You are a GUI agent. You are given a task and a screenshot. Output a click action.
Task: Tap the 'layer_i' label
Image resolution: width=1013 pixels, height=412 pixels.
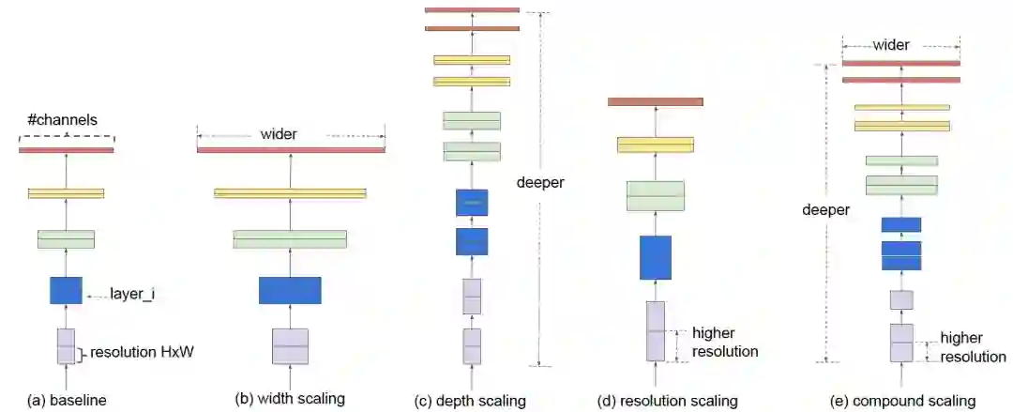[x=132, y=295]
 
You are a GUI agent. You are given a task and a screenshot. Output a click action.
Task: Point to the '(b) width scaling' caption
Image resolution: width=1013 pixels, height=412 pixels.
[x=290, y=399]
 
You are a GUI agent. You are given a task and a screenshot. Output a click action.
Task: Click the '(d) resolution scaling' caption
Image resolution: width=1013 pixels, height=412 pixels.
[x=668, y=401]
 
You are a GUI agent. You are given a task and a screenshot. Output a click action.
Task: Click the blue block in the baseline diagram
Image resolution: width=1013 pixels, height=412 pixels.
[x=66, y=290]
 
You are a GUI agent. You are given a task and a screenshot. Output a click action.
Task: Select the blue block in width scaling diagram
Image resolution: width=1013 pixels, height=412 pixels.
[x=290, y=291]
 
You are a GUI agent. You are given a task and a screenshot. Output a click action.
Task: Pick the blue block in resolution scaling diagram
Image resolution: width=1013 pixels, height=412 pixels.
[x=656, y=257]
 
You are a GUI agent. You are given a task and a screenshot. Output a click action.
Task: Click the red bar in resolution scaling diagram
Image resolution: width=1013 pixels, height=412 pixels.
[x=656, y=101]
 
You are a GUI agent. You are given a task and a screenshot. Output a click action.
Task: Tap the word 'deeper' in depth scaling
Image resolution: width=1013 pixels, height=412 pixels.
[x=540, y=182]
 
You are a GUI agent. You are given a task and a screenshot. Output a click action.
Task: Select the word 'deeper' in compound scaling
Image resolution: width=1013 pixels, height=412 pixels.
[x=826, y=210]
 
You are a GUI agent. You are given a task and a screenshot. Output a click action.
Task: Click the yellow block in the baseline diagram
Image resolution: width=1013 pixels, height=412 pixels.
[x=66, y=193]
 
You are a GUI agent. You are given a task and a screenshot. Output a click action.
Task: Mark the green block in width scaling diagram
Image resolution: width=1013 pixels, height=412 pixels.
[x=290, y=239]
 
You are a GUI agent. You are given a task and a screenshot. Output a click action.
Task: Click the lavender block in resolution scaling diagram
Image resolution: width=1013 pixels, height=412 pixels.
[x=656, y=330]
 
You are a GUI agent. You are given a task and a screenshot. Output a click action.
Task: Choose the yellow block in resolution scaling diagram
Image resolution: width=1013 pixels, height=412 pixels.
[x=656, y=145]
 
